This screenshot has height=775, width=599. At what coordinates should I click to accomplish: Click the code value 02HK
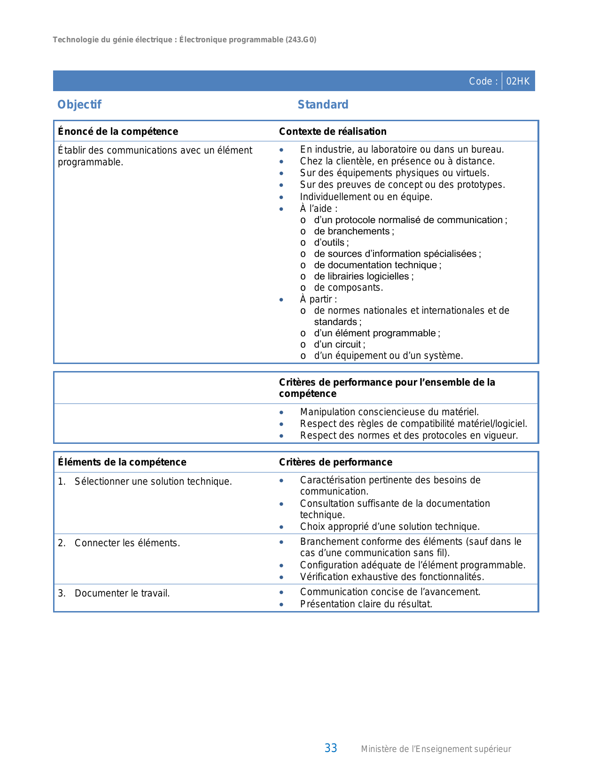[x=518, y=81]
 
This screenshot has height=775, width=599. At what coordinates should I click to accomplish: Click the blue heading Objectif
[x=79, y=104]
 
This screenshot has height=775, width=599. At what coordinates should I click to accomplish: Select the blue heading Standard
[x=323, y=104]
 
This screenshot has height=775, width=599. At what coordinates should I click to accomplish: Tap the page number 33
[x=331, y=748]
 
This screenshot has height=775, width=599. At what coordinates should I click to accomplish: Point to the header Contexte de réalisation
[x=333, y=132]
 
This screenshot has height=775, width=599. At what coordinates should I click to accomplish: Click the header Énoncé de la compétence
[x=118, y=132]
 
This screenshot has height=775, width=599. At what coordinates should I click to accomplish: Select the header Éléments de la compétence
[x=122, y=462]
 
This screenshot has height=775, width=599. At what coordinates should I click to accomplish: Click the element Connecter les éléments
[x=127, y=543]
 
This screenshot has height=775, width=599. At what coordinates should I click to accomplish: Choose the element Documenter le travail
[x=122, y=593]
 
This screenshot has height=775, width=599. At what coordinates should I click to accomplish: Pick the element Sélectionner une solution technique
[x=153, y=481]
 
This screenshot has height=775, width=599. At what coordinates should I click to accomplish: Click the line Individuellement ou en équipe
[x=366, y=197]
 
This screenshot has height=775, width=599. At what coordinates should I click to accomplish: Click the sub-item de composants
[x=348, y=287]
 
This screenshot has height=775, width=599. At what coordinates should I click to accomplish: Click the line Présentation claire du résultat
[x=366, y=604]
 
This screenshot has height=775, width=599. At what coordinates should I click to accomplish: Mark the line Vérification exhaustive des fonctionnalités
[x=392, y=577]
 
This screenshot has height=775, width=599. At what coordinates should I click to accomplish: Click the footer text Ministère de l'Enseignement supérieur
[x=436, y=749]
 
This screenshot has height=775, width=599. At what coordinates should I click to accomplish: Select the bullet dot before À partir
[x=281, y=300]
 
